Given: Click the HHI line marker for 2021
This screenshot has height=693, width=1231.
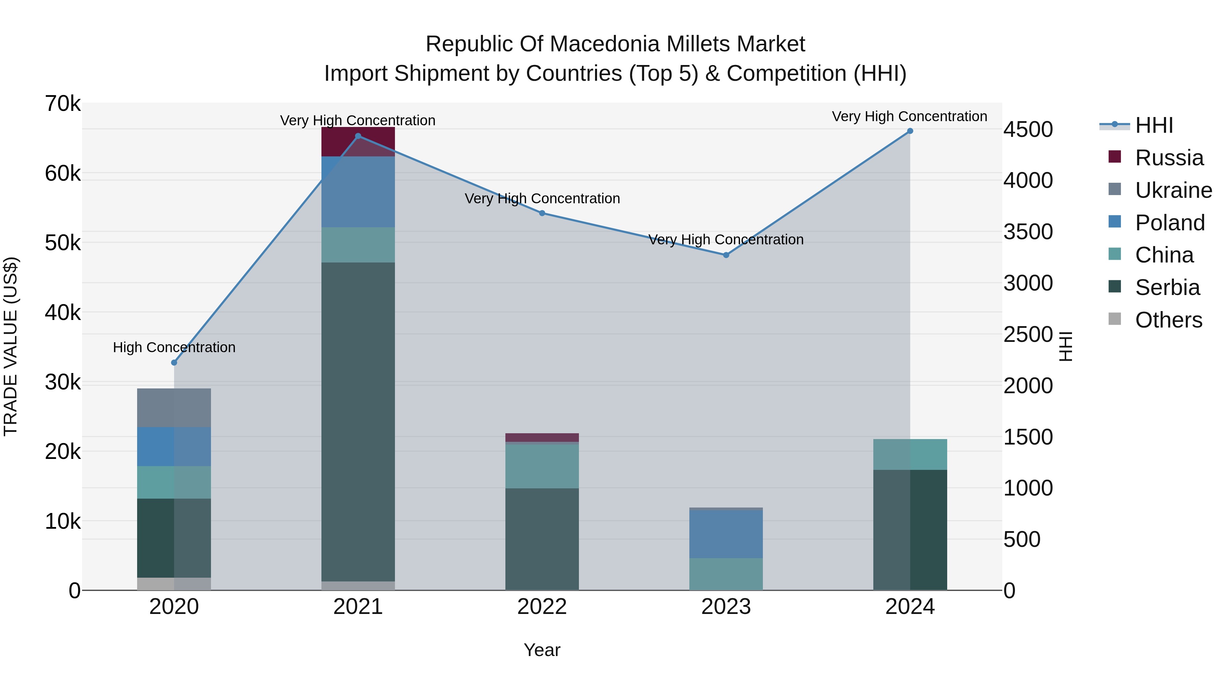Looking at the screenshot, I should [x=358, y=136].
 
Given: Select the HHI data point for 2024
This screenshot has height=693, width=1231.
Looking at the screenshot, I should [x=910, y=131].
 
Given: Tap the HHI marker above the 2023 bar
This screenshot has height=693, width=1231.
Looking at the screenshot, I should [x=726, y=255].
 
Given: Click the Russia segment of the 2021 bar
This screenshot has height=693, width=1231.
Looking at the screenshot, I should [x=358, y=142].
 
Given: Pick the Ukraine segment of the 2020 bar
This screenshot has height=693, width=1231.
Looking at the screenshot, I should [x=174, y=408].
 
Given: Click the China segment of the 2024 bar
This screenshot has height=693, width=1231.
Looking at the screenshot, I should [x=910, y=454].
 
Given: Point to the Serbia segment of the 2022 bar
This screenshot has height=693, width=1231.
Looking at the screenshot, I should [x=542, y=539].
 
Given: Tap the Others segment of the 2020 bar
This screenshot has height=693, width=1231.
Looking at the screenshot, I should [x=174, y=583].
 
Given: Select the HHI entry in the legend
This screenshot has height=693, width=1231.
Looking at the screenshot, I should [x=1154, y=125].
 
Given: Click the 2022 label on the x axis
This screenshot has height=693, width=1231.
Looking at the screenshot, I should [x=542, y=607].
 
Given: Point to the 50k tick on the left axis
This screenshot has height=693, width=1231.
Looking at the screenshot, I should [x=63, y=243].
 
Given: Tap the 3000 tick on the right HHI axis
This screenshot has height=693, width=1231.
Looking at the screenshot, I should [x=1028, y=283].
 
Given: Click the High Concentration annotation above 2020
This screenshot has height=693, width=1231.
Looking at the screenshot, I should [x=174, y=347].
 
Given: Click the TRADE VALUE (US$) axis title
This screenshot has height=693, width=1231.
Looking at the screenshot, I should [x=11, y=346].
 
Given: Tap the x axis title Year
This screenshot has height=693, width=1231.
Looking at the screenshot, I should [x=542, y=650].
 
